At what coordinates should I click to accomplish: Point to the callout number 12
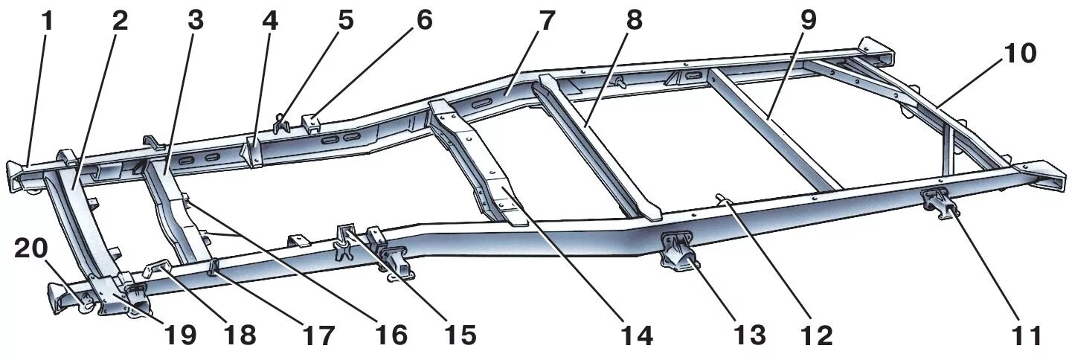coord(816,335)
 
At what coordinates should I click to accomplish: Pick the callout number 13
coord(748,335)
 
